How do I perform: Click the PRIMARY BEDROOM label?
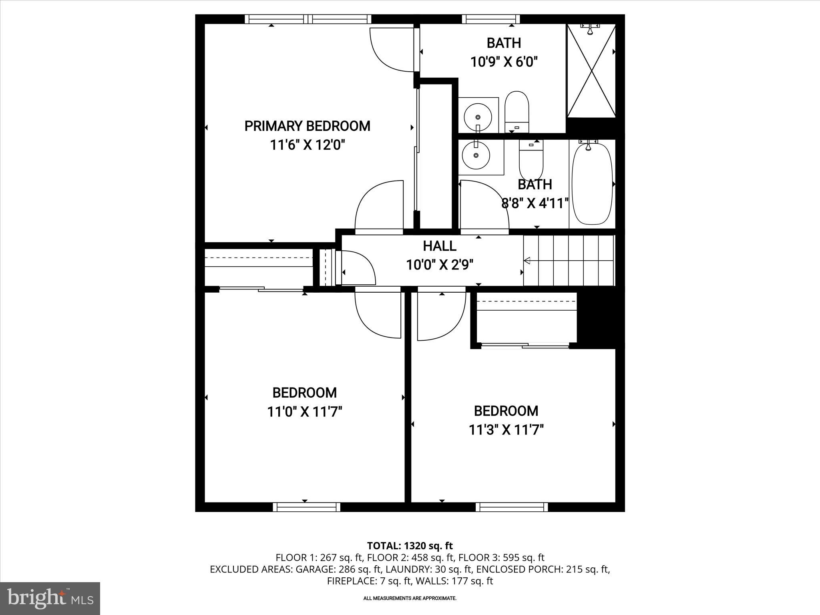tap(307, 126)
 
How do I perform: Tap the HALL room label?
tap(439, 246)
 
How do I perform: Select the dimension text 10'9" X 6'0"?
tap(503, 62)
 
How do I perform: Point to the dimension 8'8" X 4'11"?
tap(535, 203)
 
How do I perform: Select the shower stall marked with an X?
tap(591, 71)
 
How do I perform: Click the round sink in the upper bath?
tap(478, 117)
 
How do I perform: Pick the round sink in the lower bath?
tap(476, 155)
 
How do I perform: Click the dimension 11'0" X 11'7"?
tap(304, 412)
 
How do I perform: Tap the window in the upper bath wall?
tap(491, 19)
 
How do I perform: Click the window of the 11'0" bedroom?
tap(307, 507)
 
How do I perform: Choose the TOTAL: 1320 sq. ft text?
tap(410, 545)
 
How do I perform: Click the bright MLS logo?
tap(50, 598)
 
